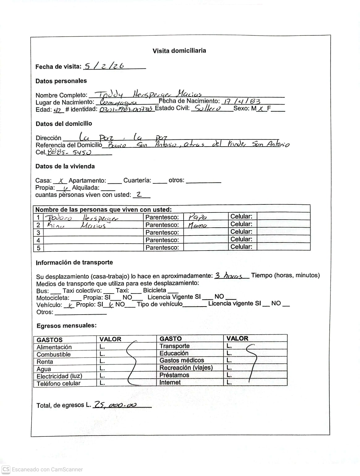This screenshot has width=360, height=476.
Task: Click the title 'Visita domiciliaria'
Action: [179, 51]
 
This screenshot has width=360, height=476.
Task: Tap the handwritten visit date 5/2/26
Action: [104, 66]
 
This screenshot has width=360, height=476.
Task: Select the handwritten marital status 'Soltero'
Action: [206, 109]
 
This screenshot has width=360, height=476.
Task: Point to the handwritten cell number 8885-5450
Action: [70, 152]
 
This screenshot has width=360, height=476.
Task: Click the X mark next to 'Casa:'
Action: [61, 181]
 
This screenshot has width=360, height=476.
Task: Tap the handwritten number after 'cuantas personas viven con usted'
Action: [139, 195]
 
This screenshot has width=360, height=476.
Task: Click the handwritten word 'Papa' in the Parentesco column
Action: [198, 217]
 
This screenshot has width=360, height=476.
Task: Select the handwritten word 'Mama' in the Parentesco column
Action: [197, 225]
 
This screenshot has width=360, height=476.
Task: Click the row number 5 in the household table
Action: [38, 248]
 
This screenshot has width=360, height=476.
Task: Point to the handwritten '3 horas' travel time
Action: [229, 276]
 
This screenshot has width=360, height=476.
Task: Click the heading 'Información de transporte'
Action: [74, 263]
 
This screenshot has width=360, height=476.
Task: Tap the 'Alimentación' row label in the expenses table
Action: [54, 347]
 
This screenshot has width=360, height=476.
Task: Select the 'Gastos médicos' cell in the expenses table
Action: [182, 360]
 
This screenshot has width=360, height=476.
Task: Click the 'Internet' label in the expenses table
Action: [170, 382]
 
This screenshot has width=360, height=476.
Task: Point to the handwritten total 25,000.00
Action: [115, 405]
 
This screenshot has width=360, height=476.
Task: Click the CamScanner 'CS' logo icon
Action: [6, 469]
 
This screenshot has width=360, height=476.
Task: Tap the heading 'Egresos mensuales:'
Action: [66, 326]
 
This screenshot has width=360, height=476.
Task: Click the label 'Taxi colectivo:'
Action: [82, 291]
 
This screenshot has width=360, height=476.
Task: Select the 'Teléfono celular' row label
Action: [58, 383]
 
